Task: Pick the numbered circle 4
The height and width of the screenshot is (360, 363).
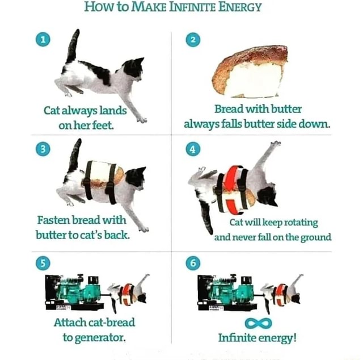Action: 193,149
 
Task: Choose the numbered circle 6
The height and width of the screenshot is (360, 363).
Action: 193,262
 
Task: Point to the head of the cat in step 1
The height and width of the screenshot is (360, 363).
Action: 134,68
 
